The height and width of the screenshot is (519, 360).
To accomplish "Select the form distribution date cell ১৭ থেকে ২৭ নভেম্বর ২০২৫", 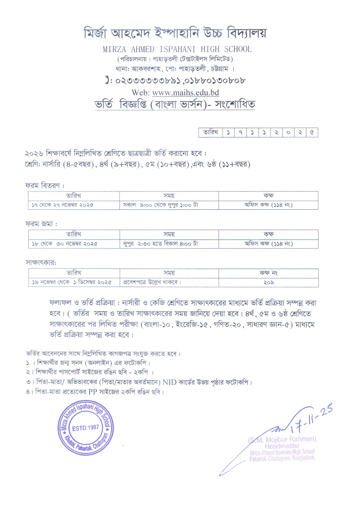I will tap(63, 205).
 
